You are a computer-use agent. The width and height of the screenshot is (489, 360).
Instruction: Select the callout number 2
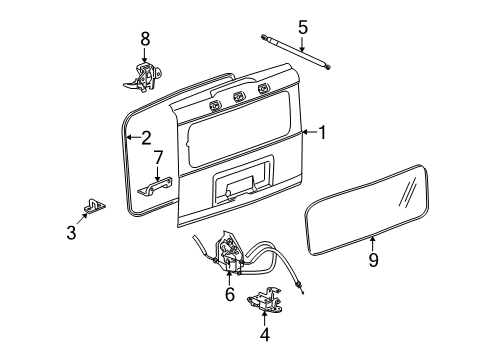[x=146, y=139]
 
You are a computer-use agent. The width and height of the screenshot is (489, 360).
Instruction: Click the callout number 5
[x=303, y=27]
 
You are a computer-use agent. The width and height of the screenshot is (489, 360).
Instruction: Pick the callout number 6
[x=229, y=294]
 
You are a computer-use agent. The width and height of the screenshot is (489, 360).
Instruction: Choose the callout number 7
[x=158, y=157]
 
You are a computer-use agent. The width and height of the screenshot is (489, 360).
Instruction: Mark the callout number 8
[x=145, y=38]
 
